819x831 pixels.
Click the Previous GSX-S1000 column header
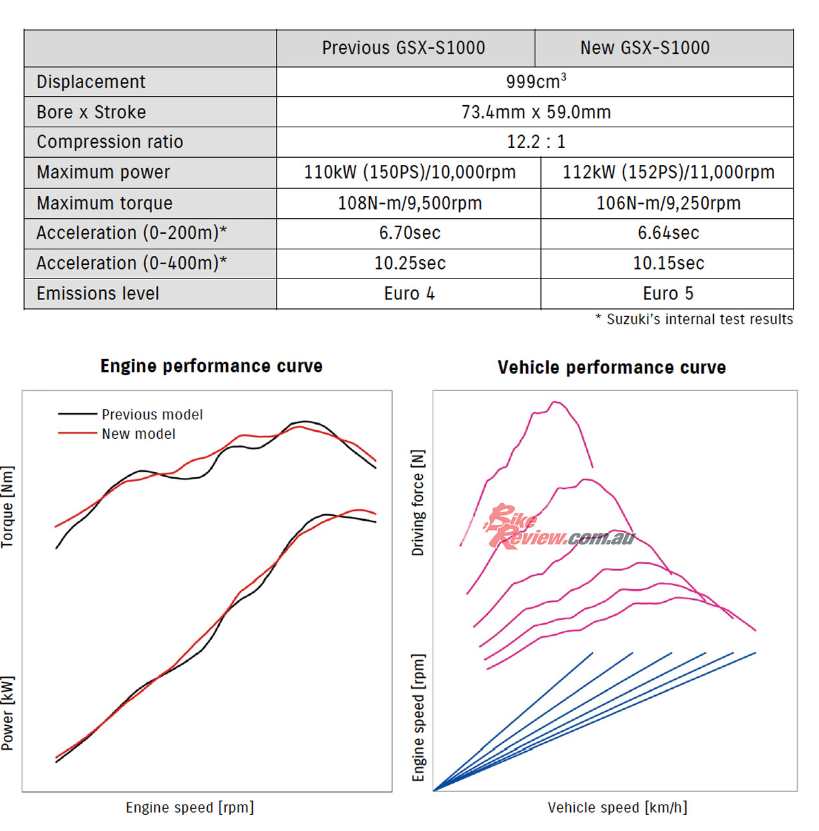[403, 48]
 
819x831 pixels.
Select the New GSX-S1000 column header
[645, 48]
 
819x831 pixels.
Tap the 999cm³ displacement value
[536, 82]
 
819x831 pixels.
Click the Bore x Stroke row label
[91, 112]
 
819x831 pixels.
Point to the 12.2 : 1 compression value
[536, 142]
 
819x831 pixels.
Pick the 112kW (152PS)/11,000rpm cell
[668, 172]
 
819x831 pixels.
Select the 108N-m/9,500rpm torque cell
[410, 203]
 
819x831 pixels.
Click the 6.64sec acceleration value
[668, 233]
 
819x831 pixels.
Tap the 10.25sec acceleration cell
[410, 263]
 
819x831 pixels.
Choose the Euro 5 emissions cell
[668, 293]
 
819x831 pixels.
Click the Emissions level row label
[97, 293]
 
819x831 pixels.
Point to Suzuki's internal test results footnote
[694, 319]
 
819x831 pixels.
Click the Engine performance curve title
[211, 366]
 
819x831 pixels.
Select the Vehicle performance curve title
[611, 367]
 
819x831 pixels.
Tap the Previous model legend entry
[152, 414]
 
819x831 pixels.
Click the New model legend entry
[138, 434]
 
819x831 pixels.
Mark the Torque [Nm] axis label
[7, 507]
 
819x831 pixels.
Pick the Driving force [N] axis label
[418, 502]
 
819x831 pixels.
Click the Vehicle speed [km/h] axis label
[617, 808]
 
